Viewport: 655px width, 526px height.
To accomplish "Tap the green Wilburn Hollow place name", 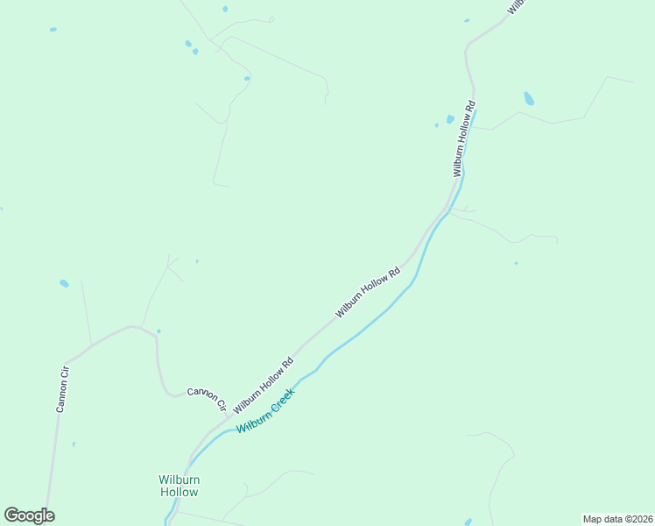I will (x=179, y=486).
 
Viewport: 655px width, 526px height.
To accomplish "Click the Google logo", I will (x=29, y=515).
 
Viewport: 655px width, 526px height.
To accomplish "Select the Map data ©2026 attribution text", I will (x=617, y=519).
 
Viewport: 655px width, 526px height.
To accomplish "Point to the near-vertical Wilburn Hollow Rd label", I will (x=463, y=139).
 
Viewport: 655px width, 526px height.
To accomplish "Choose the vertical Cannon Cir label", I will (x=62, y=390).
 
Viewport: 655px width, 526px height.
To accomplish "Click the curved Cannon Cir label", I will (x=207, y=398).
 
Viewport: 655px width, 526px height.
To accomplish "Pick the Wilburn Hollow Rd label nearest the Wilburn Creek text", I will (x=263, y=385).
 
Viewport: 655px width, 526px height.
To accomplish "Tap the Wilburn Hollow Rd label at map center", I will (x=367, y=292).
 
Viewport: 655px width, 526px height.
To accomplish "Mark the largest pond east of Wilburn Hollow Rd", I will (x=529, y=98).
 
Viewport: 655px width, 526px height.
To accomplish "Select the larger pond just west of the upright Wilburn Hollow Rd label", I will (x=450, y=118).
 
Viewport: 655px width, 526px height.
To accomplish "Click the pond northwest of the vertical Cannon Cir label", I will (x=64, y=283).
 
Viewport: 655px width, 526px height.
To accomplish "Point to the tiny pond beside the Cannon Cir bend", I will (x=158, y=331).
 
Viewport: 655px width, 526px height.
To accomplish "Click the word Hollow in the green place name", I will (x=179, y=493).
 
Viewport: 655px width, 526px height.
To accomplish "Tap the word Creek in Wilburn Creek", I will (x=281, y=400).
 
